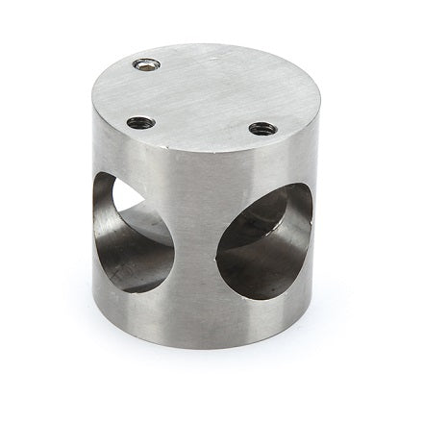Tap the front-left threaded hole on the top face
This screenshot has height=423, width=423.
140,122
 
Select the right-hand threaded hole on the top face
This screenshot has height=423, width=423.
262,128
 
